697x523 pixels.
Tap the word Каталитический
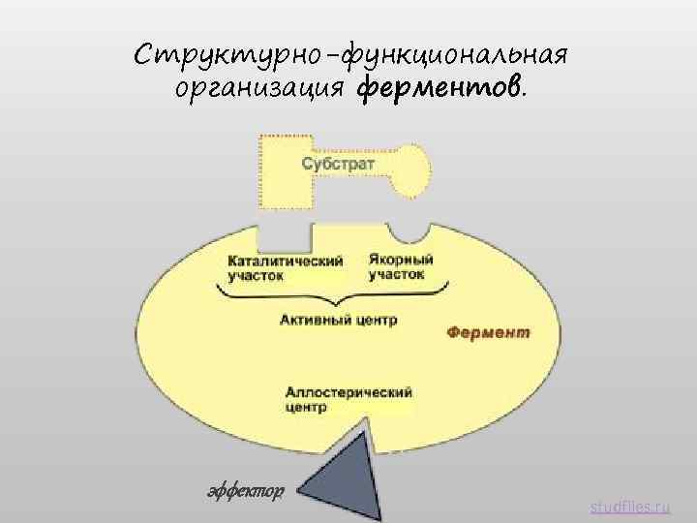[x=286, y=260]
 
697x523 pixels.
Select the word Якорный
[x=401, y=260]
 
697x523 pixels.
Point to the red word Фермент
[x=488, y=332]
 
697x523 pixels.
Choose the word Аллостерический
[x=348, y=391]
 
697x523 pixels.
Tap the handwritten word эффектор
[x=246, y=491]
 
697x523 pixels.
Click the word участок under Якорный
[x=396, y=274]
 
